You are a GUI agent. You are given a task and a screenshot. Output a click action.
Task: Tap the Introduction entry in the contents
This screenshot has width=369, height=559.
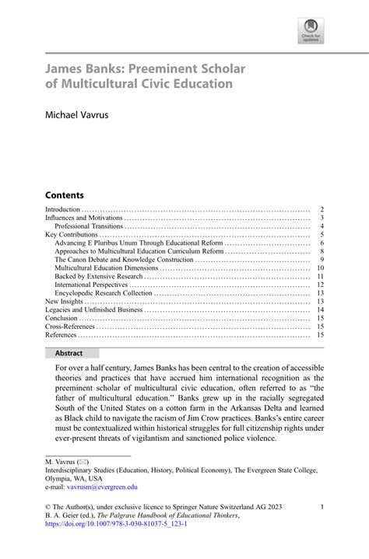pos(63,209)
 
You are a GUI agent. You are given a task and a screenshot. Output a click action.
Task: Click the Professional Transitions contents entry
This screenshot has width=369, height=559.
pos(89,226)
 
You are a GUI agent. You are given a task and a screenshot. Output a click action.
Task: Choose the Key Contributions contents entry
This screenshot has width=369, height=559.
pos(72,235)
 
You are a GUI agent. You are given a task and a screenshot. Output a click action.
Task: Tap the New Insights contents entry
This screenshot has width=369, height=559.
pos(64,302)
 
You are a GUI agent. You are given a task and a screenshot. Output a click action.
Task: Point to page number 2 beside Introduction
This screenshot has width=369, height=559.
pos(322,209)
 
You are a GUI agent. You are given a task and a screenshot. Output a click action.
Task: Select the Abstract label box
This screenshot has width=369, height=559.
pos(69,352)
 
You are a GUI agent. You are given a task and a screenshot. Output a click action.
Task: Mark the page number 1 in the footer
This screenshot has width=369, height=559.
pos(322,507)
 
